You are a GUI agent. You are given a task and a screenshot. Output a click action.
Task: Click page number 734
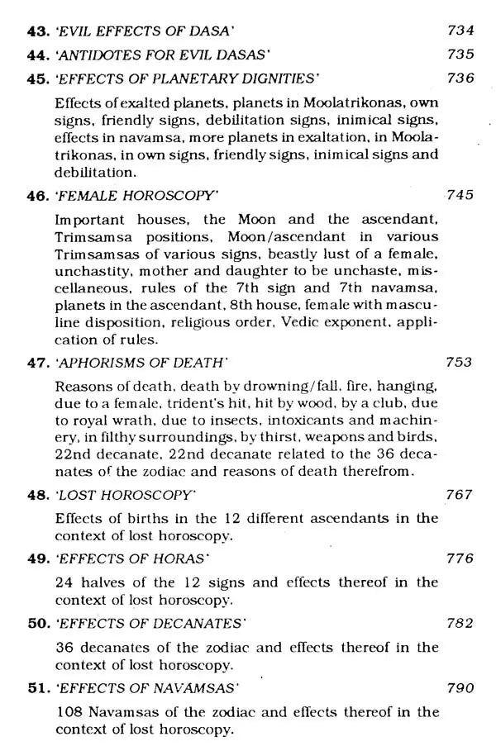pyautogui.click(x=460, y=31)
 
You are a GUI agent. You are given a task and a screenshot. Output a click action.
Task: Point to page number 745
pyautogui.click(x=460, y=196)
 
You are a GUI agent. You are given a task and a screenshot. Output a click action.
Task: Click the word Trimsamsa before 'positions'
pyautogui.click(x=93, y=238)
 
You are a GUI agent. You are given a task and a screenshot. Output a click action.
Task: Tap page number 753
pyautogui.click(x=460, y=361)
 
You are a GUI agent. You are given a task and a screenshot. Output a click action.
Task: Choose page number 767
pyautogui.click(x=460, y=495)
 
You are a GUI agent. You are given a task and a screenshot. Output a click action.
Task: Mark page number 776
pyautogui.click(x=460, y=558)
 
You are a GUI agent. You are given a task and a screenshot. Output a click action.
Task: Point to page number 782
pyautogui.click(x=460, y=622)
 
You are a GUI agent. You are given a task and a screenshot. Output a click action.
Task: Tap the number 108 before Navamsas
pyautogui.click(x=68, y=710)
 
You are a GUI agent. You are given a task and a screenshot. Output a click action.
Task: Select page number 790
pyautogui.click(x=460, y=687)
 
